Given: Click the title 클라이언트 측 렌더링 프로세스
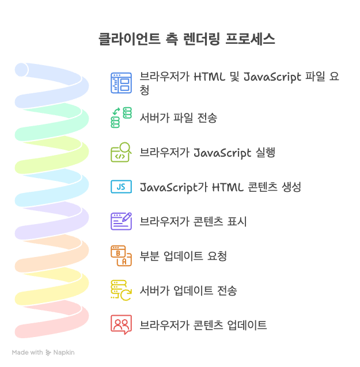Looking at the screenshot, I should (x=187, y=39).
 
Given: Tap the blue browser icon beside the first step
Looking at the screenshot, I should (x=121, y=83).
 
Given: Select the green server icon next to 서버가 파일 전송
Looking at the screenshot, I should (x=121, y=118).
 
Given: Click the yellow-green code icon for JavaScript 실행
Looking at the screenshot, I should (x=121, y=152).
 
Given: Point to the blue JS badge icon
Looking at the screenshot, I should (x=121, y=187).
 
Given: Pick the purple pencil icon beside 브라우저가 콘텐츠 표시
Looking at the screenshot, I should (x=121, y=221).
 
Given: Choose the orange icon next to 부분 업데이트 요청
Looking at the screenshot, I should (x=121, y=255).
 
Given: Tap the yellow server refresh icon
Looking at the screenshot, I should (x=121, y=290).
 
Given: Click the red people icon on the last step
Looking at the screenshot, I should (x=121, y=325).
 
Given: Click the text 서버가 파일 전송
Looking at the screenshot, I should (x=179, y=118).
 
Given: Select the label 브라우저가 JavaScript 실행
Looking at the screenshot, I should (x=207, y=153).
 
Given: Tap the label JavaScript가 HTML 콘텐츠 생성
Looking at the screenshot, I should (x=221, y=187).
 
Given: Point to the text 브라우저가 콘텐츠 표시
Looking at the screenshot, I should (x=194, y=221).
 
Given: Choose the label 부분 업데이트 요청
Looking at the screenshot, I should (x=183, y=256).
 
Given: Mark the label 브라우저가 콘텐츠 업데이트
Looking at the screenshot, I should (x=203, y=325).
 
